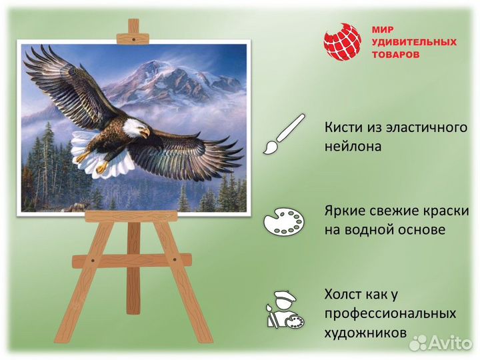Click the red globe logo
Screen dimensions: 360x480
pyautogui.click(x=342, y=42)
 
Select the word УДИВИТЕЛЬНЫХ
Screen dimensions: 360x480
pyautogui.click(x=413, y=43)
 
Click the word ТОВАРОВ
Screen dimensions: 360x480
pyautogui.click(x=395, y=55)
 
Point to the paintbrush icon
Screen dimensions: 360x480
pyautogui.click(x=282, y=135)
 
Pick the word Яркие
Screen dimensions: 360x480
pyautogui.click(x=345, y=211)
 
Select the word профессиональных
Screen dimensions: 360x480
pyautogui.click(x=391, y=313)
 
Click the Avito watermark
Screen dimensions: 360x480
pyautogui.click(x=441, y=343)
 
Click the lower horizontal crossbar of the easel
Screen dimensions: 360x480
pyautogui.click(x=132, y=261)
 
